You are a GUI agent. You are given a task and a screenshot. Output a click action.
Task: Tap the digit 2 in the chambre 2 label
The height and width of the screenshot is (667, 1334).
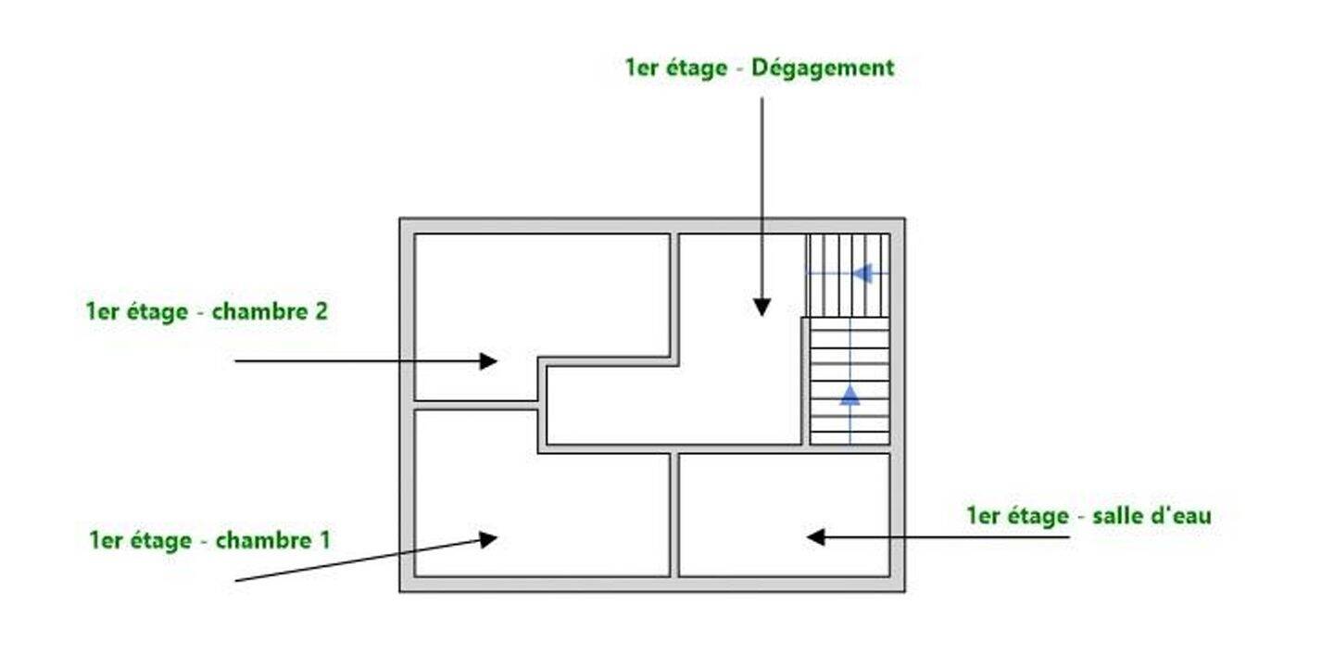click(321, 311)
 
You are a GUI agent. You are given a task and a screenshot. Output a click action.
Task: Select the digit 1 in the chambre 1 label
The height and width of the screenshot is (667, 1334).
click(324, 540)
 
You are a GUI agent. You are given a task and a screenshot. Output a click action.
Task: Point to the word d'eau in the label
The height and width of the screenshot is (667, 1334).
click(1182, 515)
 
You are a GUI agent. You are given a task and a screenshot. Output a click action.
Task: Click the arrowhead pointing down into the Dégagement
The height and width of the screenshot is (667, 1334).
click(761, 308)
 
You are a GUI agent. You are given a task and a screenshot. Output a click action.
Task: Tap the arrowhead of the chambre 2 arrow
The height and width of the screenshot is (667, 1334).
click(488, 361)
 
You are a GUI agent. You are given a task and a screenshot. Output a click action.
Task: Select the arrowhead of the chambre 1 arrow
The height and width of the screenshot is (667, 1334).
click(488, 539)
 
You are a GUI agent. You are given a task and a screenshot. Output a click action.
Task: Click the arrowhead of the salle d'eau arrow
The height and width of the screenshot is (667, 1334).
click(816, 537)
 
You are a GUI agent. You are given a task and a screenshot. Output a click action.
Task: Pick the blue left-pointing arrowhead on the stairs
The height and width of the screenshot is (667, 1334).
click(862, 273)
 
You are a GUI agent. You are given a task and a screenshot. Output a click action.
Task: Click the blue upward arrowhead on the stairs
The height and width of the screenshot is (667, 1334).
click(849, 396)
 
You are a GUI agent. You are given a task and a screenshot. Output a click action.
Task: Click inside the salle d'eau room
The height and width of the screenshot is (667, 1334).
click(785, 515)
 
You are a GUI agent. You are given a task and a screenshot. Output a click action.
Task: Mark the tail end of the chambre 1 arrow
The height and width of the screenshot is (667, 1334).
click(236, 580)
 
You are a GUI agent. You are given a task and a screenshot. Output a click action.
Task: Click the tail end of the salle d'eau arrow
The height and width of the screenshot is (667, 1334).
click(1070, 537)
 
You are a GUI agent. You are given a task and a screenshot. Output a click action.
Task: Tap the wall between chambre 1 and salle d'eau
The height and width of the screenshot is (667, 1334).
click(674, 515)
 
